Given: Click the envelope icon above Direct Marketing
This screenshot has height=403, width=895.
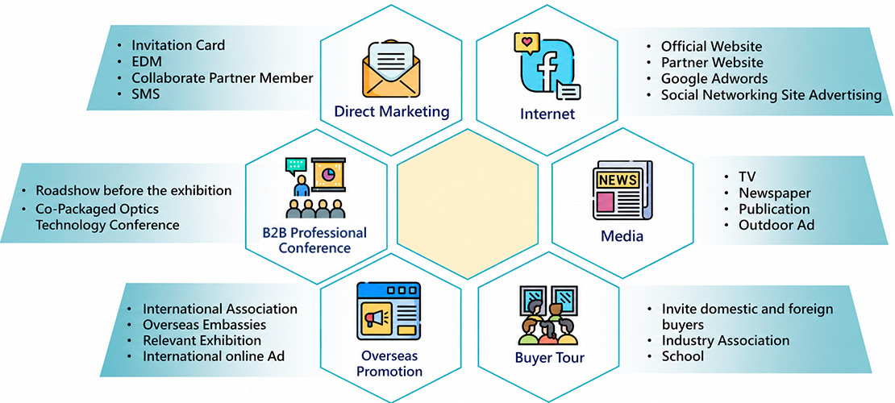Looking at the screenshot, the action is click(x=391, y=69).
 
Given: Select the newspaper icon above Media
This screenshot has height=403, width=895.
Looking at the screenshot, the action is click(x=622, y=190).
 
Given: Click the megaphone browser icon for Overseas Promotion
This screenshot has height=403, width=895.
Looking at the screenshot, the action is click(x=388, y=312).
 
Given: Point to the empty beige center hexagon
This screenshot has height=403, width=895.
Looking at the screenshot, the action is click(x=468, y=204).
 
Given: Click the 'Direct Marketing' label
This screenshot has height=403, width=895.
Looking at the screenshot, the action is click(x=392, y=111).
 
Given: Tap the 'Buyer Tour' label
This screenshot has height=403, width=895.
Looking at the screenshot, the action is click(x=550, y=358).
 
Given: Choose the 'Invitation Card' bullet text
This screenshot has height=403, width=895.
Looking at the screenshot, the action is click(x=178, y=44).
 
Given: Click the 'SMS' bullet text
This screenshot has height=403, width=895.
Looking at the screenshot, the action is click(x=146, y=93).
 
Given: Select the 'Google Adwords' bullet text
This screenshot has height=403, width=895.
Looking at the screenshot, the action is click(x=714, y=78).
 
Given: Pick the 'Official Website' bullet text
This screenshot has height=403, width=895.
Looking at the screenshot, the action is click(x=711, y=46).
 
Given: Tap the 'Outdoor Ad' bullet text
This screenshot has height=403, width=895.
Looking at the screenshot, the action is click(x=776, y=225).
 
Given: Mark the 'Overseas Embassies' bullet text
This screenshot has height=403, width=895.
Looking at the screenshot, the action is click(x=204, y=325).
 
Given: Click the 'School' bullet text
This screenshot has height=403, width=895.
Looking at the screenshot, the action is click(x=683, y=356).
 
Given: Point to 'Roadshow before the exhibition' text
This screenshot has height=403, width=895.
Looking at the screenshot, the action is click(x=134, y=190).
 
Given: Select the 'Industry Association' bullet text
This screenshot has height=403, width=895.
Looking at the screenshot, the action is click(x=726, y=341).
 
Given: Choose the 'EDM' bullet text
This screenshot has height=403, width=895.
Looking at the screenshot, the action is click(x=147, y=61).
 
